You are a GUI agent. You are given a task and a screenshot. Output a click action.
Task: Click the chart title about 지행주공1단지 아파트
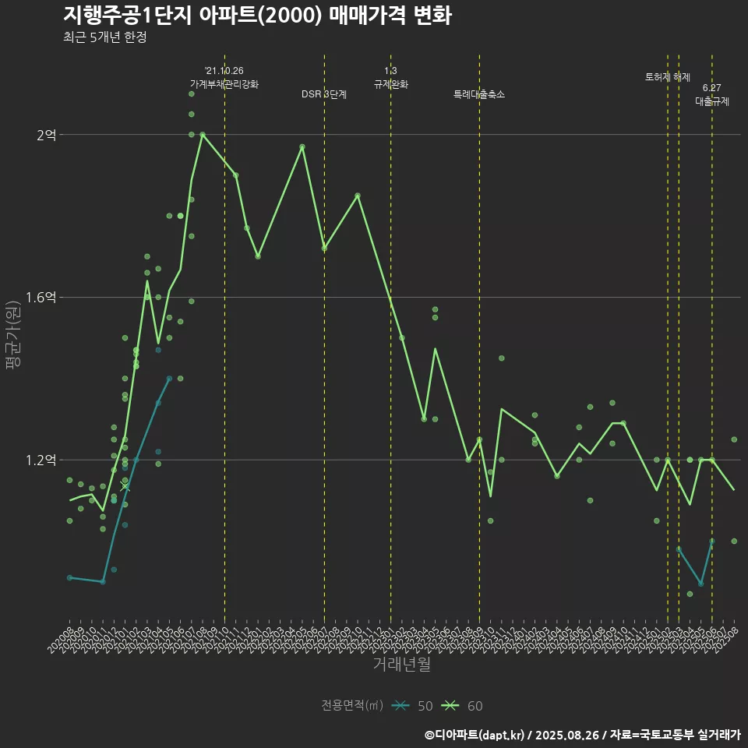pos(257,16)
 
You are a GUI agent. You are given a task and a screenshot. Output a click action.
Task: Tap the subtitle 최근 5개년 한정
pos(105,37)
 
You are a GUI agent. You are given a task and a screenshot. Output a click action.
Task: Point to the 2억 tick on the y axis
pos(46,135)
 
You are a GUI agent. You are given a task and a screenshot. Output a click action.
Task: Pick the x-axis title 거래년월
pos(401,665)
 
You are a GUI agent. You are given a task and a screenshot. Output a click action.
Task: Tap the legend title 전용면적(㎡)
pos(352,706)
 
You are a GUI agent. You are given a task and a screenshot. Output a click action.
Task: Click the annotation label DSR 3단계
pos(324,94)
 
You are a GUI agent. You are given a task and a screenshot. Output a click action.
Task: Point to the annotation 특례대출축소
pos(479,94)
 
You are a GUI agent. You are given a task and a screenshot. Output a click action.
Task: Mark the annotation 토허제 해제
pos(668,77)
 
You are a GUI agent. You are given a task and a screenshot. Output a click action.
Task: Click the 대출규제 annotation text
pos(712,101)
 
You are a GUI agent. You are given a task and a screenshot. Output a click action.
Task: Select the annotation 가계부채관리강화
pos(224,83)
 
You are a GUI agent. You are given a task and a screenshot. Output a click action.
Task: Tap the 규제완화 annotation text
pos(391,83)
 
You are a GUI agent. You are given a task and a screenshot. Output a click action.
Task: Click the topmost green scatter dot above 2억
pos(191,94)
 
